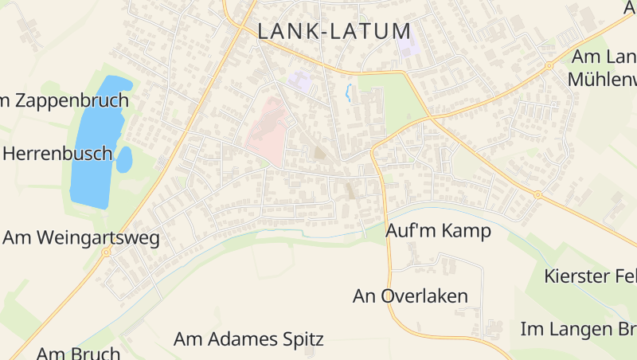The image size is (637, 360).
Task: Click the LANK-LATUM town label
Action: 334,32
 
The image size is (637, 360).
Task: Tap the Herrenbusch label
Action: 57,154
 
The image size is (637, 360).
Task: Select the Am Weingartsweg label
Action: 81,237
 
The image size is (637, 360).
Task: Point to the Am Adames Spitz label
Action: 248,339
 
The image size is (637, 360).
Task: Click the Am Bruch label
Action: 79,353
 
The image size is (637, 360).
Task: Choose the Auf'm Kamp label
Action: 438,231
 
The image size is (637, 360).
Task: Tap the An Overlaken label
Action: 410,296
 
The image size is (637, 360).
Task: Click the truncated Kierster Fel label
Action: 590,276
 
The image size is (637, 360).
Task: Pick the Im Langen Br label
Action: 579,328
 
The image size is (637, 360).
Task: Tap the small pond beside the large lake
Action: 124,160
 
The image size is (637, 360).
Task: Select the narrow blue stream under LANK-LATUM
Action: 348,92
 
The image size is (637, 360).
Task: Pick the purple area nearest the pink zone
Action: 299,80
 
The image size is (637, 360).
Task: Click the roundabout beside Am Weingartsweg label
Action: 106,252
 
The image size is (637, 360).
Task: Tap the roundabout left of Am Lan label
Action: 549,65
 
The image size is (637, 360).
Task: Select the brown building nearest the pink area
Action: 320,153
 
